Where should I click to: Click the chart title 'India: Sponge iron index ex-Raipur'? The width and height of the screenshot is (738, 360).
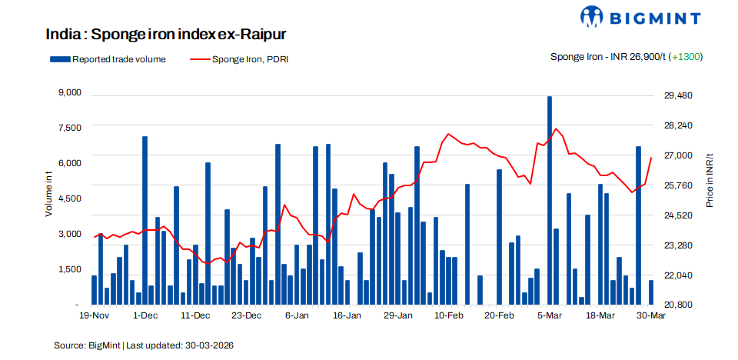click(166, 35)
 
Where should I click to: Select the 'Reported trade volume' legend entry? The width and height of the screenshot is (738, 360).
click(108, 58)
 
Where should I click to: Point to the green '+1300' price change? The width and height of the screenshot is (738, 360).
click(686, 57)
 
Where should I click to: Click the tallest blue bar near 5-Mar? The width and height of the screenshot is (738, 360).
click(550, 200)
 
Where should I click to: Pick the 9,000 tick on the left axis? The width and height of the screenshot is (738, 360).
click(70, 93)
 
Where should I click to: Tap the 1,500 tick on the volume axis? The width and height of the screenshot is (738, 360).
click(70, 269)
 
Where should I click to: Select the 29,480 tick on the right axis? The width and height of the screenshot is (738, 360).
click(679, 95)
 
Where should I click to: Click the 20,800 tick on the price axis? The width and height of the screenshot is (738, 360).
click(679, 305)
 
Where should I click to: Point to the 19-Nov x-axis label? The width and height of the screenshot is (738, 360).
click(95, 315)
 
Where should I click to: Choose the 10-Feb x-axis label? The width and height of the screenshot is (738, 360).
click(448, 315)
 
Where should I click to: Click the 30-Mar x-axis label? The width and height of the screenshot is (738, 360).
click(651, 315)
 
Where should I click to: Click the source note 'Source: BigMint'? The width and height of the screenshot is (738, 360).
click(86, 345)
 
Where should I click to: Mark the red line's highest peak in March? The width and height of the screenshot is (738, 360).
click(556, 128)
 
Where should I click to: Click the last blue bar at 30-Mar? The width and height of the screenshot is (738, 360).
click(651, 292)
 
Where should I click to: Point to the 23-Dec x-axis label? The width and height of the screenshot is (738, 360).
click(247, 315)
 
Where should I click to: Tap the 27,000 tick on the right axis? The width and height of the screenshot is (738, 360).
click(679, 155)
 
